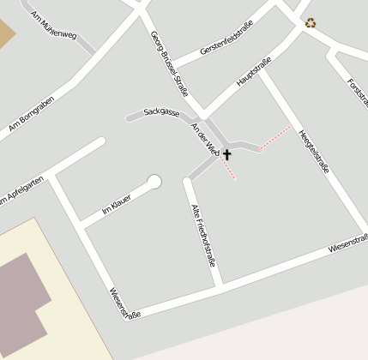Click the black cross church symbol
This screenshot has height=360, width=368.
[227, 155]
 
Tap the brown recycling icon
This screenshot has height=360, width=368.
[310, 23]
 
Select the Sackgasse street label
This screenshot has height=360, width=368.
[161, 112]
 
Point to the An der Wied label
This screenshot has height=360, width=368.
[207, 137]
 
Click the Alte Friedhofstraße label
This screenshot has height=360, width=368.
[202, 231]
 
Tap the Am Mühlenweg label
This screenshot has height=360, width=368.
[53, 24]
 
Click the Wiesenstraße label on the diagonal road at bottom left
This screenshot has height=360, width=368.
[125, 303]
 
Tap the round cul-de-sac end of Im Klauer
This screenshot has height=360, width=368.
[154, 182]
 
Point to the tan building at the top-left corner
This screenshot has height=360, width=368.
[6, 32]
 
